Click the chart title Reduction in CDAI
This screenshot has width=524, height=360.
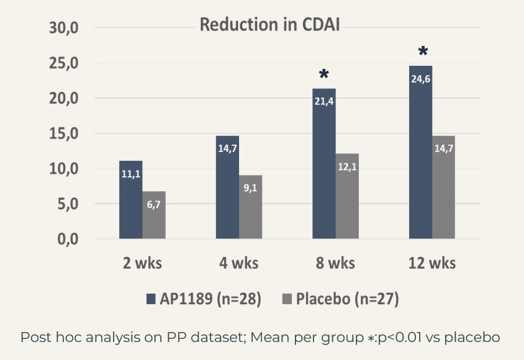(269, 25)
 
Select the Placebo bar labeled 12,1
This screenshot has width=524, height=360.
(347, 196)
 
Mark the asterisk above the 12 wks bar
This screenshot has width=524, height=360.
(423, 52)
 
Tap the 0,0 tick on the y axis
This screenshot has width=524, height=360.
(63, 239)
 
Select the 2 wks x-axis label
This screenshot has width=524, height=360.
(142, 263)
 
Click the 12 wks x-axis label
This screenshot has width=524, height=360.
(431, 263)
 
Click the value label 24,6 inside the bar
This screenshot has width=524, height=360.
(420, 79)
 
